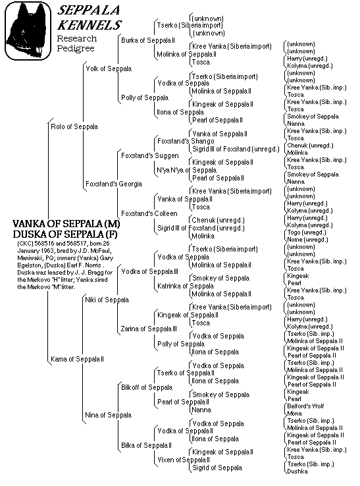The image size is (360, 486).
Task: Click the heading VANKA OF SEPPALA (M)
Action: [x=66, y=225]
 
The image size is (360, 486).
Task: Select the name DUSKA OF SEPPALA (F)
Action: [x=66, y=234]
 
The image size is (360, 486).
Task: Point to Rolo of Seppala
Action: [x=74, y=126]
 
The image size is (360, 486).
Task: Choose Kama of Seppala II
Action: [x=78, y=359]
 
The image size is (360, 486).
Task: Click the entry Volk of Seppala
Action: [x=108, y=68]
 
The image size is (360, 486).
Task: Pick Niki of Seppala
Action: [x=106, y=300]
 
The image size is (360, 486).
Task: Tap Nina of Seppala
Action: [x=108, y=415]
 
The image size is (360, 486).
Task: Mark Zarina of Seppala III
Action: [x=149, y=329]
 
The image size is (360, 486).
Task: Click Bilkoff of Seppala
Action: [x=147, y=387]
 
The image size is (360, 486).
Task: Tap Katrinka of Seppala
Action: [x=185, y=286]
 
